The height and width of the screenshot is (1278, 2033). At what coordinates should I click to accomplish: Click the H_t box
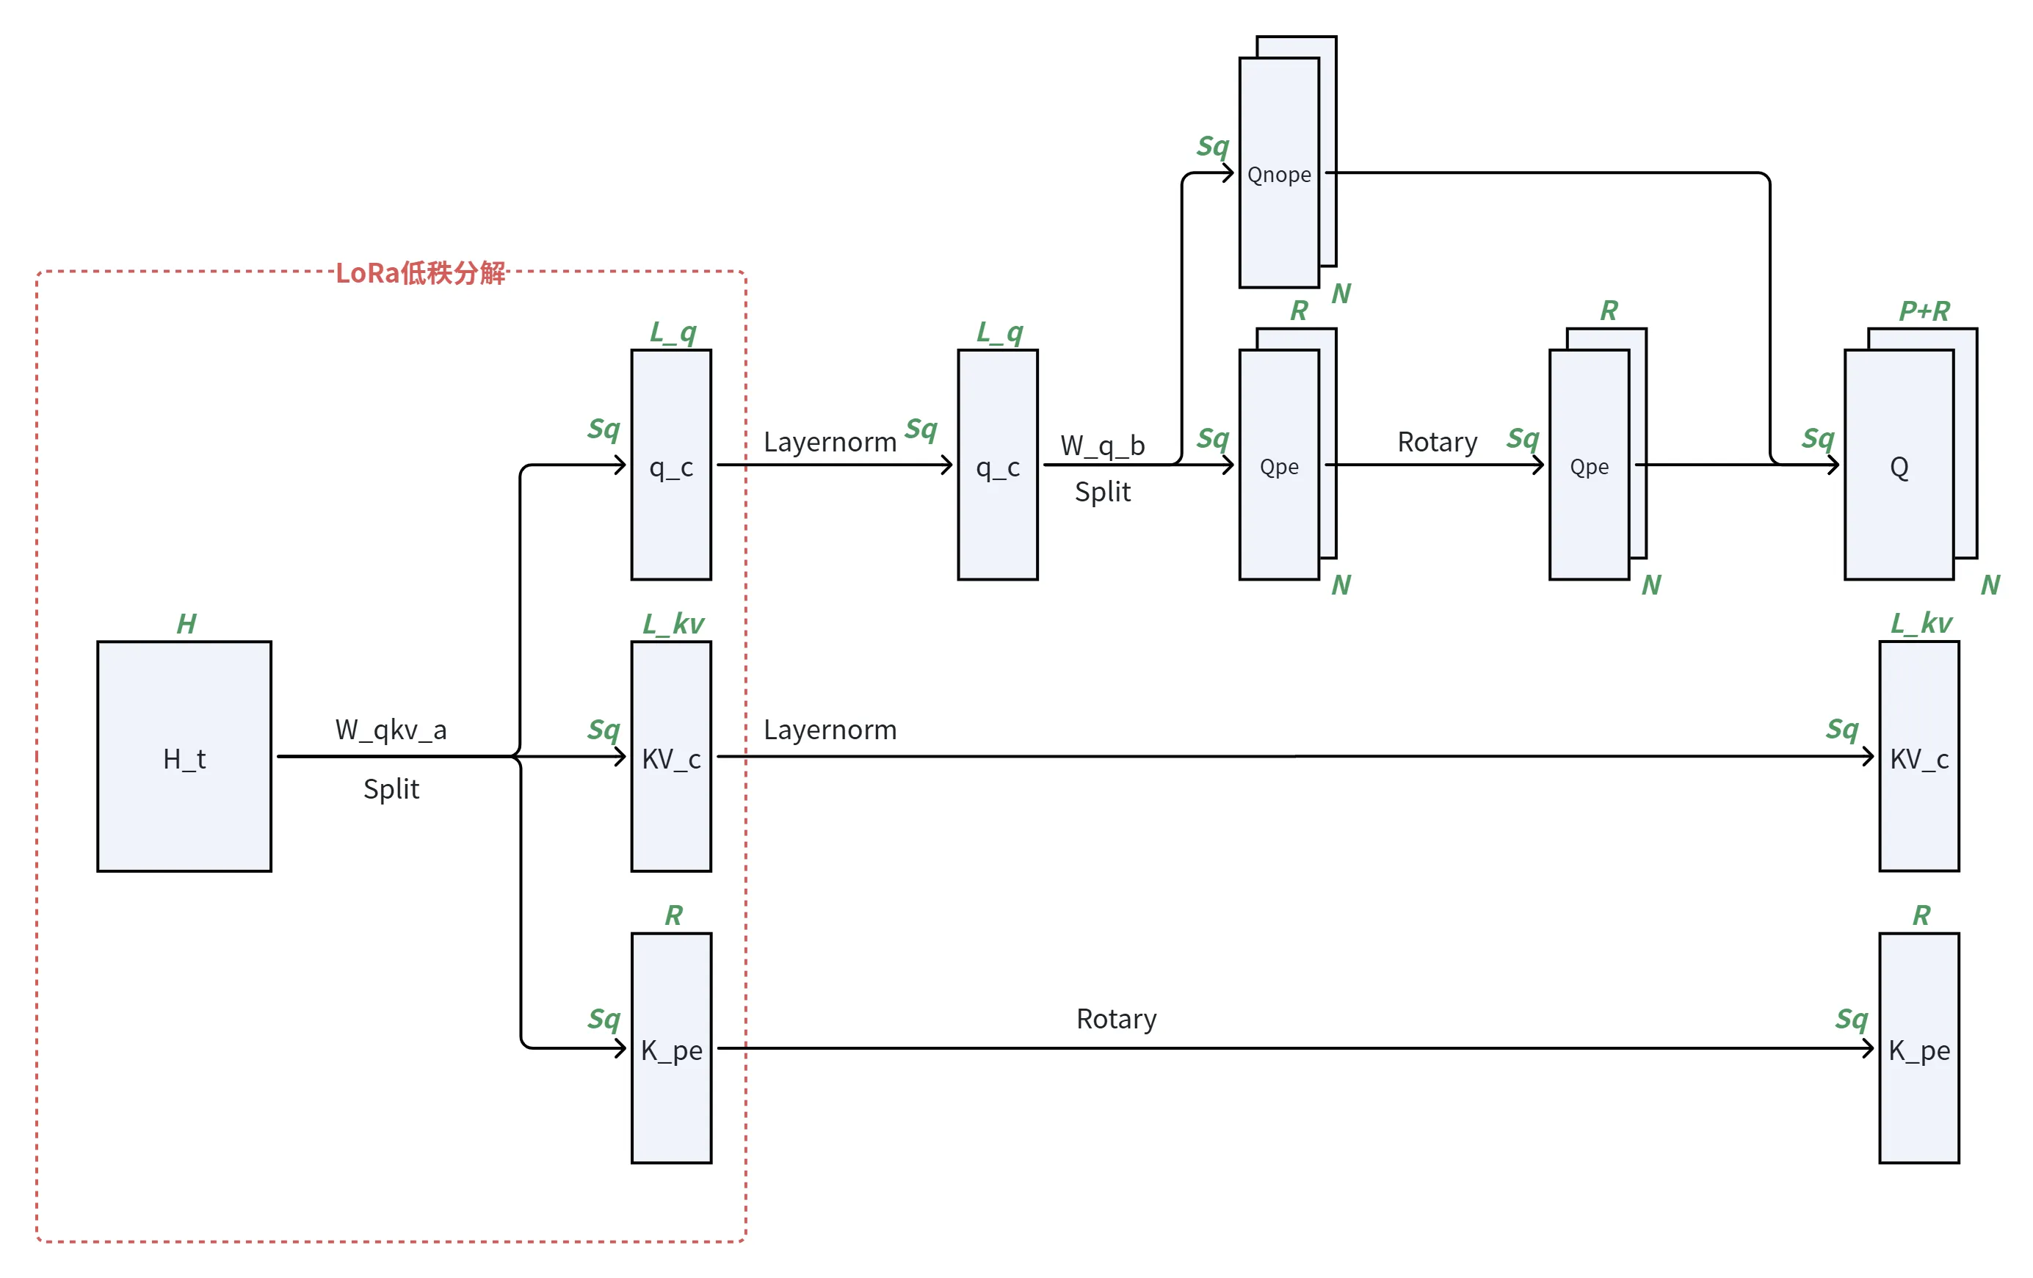coord(184,755)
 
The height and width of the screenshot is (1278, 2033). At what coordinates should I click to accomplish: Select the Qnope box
coord(1278,173)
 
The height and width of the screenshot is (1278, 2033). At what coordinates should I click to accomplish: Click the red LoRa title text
coord(421,272)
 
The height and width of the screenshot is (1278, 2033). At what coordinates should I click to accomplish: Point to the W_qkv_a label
coord(391,730)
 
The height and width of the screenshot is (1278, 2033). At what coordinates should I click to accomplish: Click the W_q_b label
coord(1103,445)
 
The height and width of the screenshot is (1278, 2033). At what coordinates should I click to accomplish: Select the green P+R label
coord(1924,311)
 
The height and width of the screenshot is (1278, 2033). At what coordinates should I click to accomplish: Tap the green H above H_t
coord(186,624)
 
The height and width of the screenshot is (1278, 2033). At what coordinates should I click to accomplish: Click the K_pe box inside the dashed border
coord(671,1048)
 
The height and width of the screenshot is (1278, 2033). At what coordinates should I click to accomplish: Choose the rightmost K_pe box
coord(1919,1048)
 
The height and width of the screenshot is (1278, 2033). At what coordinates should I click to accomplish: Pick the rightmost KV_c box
coord(1919,755)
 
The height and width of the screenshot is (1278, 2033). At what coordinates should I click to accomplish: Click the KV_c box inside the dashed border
coord(671,755)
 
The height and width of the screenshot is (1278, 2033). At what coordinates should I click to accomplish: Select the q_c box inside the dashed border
coord(671,464)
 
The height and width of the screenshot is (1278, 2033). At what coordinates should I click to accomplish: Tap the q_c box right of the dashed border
coord(997,464)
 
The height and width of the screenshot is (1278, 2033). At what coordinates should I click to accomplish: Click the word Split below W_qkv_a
coord(391,788)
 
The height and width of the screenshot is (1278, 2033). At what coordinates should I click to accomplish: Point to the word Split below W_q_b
coord(1103,491)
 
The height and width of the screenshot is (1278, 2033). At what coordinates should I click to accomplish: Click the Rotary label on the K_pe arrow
coord(1116,1019)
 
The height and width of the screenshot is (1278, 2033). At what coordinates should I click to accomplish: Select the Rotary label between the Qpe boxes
coord(1437,441)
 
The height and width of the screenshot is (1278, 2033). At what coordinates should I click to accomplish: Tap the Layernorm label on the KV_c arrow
coord(830,730)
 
